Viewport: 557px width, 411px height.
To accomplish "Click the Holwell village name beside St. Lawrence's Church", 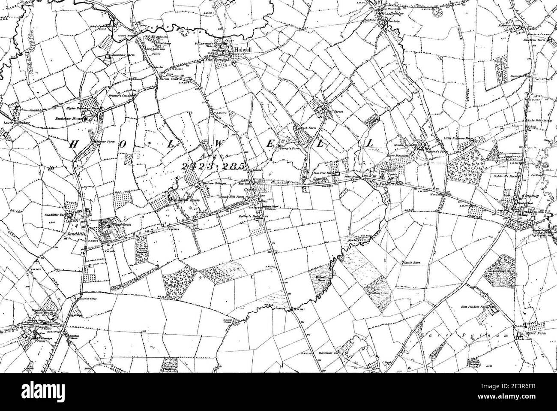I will point(241,50).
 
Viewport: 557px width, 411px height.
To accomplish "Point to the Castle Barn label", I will point(410,261).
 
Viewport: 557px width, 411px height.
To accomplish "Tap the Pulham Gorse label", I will point(377,293).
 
